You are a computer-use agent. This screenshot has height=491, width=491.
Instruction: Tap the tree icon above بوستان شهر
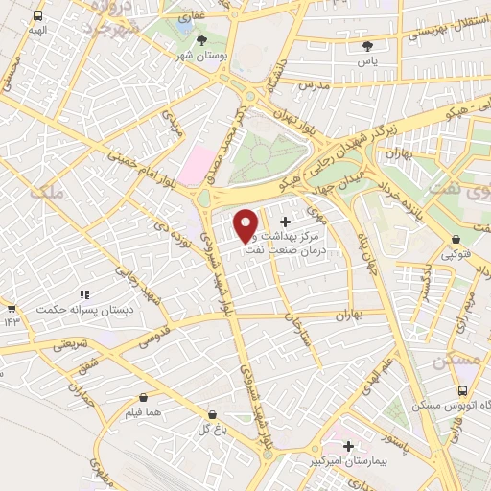point(201,40)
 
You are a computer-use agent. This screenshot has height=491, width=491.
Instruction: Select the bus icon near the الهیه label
point(37,16)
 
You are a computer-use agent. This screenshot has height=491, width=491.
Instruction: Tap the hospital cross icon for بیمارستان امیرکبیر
point(349,446)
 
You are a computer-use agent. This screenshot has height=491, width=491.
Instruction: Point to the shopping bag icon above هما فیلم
point(144,397)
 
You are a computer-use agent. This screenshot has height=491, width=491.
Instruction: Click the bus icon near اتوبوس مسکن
point(463,390)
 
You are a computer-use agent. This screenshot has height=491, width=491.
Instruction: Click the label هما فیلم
point(143,412)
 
